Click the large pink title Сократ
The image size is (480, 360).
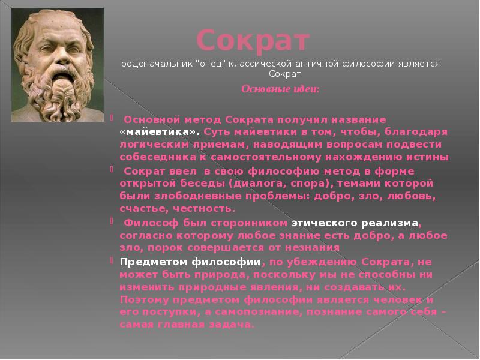(253, 41)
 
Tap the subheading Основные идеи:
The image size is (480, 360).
(280, 89)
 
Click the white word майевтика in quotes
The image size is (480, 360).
(159, 131)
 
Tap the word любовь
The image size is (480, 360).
(412, 196)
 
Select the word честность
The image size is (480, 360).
(204, 209)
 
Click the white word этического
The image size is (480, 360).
(325, 223)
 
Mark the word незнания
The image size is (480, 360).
(312, 247)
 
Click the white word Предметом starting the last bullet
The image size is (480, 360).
(154, 262)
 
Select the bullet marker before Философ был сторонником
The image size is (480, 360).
(112, 220)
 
